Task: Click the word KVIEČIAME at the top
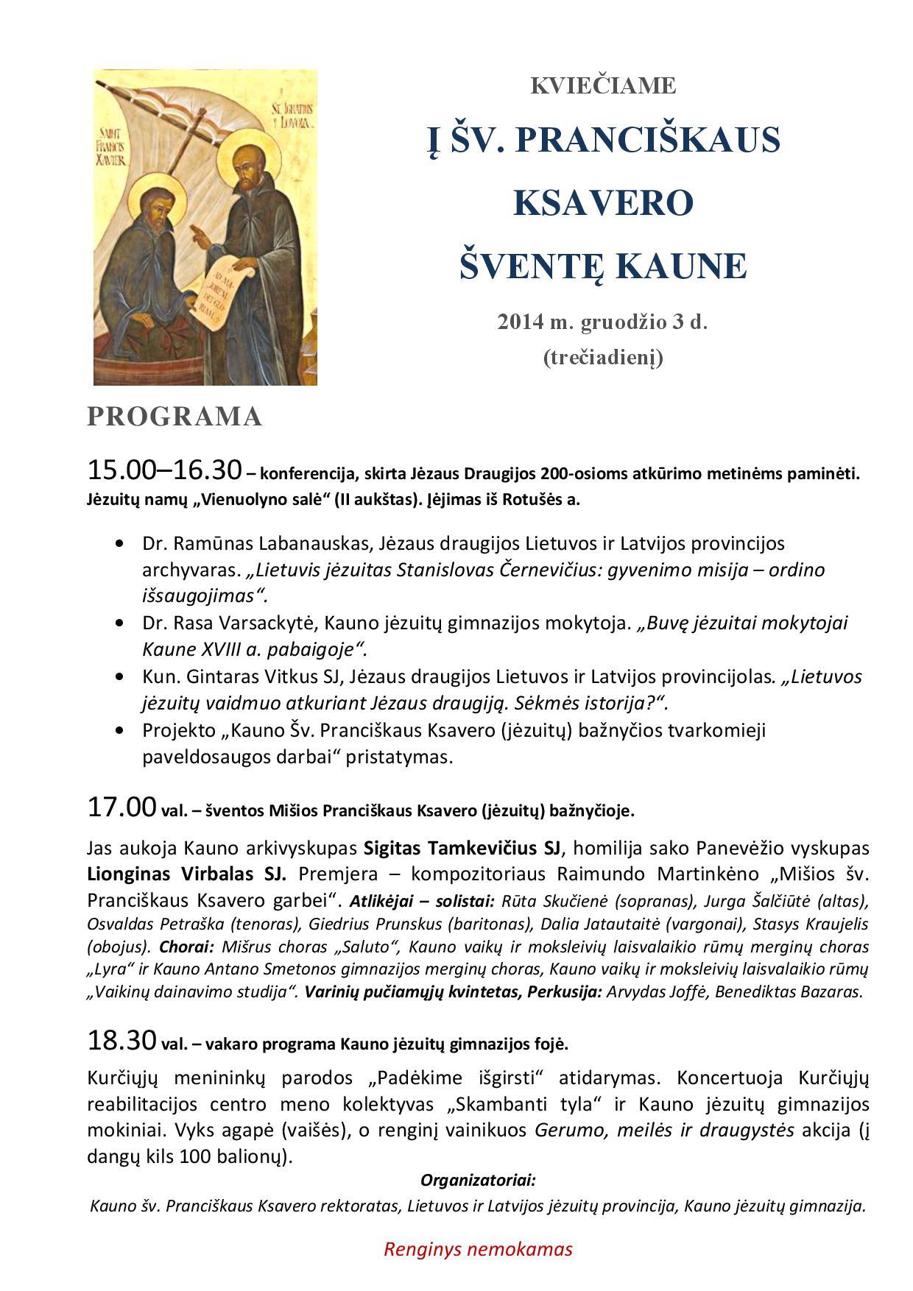coord(603,86)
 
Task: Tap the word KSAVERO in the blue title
coord(603,202)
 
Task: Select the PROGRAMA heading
coord(175,417)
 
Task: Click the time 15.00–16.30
coord(164,470)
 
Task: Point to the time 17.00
coord(121,807)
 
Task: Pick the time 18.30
coord(121,1040)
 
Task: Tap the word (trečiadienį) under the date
coord(603,358)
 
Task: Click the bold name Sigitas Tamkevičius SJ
coord(462,848)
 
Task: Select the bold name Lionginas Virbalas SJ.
coord(186,874)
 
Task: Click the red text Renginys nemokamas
coord(478,1249)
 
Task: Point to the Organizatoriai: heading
coord(478,1181)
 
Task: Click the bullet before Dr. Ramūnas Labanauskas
coord(120,544)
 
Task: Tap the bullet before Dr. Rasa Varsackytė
coord(120,623)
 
